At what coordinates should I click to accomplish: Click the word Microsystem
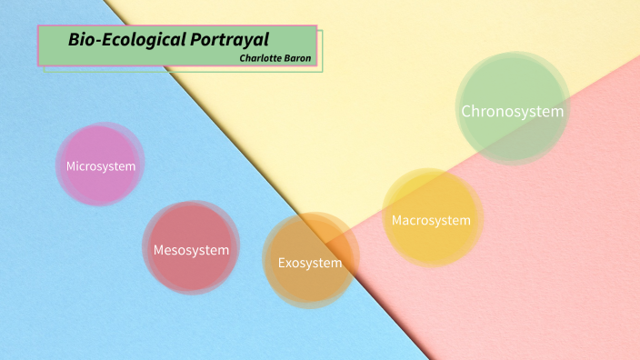point(101,166)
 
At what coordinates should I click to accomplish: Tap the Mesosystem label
point(191,249)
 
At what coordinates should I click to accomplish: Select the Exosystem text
point(310,264)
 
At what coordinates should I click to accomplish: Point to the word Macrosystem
point(431,220)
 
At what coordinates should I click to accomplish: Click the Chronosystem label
point(513,111)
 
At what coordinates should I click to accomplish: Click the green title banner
point(177,45)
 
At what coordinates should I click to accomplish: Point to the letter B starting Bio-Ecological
point(74,40)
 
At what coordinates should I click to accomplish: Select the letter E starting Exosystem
point(282,264)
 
